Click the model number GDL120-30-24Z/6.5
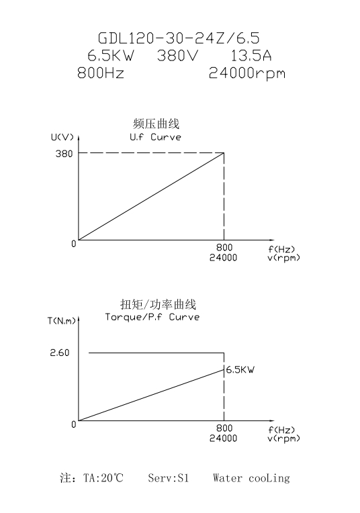pyautogui.click(x=179, y=38)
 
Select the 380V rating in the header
pyautogui.click(x=178, y=55)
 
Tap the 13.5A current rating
pyautogui.click(x=251, y=55)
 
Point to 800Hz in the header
pyautogui.click(x=101, y=73)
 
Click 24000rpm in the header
pyautogui.click(x=247, y=73)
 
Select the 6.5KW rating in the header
pyautogui.click(x=111, y=55)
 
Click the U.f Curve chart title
pyautogui.click(x=155, y=137)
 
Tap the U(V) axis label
pyautogui.click(x=62, y=137)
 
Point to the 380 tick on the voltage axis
pyautogui.click(x=64, y=154)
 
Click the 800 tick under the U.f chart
pyautogui.click(x=224, y=248)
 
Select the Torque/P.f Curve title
pyautogui.click(x=152, y=317)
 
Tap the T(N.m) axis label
pyautogui.click(x=62, y=321)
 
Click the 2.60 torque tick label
pyautogui.click(x=60, y=353)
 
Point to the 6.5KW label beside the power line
pyautogui.click(x=240, y=370)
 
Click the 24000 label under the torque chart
pyautogui.click(x=223, y=438)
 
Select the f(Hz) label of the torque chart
pyautogui.click(x=282, y=430)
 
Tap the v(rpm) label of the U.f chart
pyautogui.click(x=283, y=258)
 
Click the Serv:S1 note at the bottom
pyautogui.click(x=169, y=478)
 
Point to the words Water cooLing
pyautogui.click(x=251, y=478)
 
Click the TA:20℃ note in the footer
pyautogui.click(x=103, y=478)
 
